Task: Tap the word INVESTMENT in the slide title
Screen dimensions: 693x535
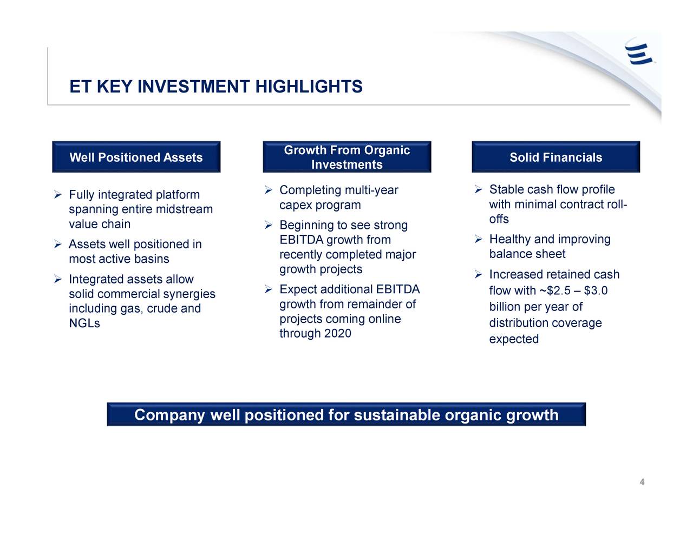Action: click(x=194, y=87)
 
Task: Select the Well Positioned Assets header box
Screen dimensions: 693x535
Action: click(x=136, y=157)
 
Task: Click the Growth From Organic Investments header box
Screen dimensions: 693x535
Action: click(x=347, y=157)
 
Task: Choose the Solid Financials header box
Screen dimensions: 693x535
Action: click(x=556, y=157)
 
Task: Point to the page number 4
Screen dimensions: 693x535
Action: click(x=642, y=482)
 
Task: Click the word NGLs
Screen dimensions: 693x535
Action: click(x=84, y=323)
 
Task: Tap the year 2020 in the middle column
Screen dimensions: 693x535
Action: click(x=338, y=333)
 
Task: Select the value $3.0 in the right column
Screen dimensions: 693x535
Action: click(x=596, y=290)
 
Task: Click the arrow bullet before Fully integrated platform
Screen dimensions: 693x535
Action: click(x=58, y=194)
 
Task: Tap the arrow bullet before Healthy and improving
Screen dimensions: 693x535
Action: click(x=479, y=239)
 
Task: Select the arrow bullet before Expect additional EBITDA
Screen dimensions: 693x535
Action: click(x=269, y=289)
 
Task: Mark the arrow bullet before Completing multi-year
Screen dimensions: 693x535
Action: click(x=269, y=190)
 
